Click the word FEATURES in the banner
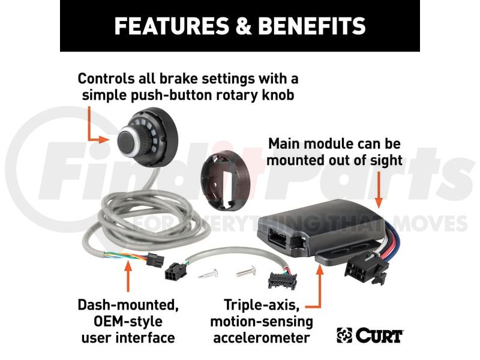pyautogui.click(x=172, y=26)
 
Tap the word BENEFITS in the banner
pyautogui.click(x=312, y=26)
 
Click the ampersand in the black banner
pyautogui.click(x=244, y=26)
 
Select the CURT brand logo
pyautogui.click(x=370, y=335)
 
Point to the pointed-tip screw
pyautogui.click(x=208, y=274)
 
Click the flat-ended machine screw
pyautogui.click(x=246, y=271)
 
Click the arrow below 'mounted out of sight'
pyautogui.click(x=379, y=190)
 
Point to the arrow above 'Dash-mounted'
pyautogui.click(x=128, y=276)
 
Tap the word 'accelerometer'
pyautogui.click(x=262, y=338)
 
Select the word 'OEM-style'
pyautogui.click(x=128, y=322)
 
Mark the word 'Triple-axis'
pyautogui.click(x=262, y=305)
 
